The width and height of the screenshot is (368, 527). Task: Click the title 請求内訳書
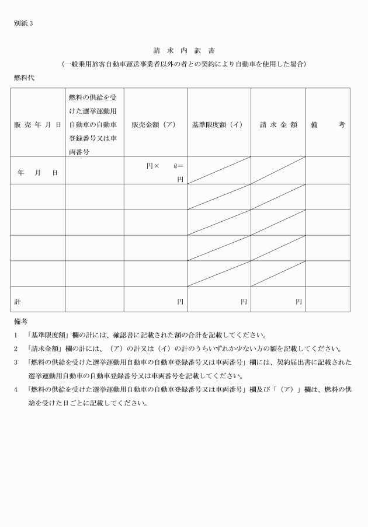click(x=184, y=50)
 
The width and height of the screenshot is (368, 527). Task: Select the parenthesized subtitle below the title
click(x=184, y=64)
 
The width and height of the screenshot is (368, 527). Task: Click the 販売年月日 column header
click(x=38, y=125)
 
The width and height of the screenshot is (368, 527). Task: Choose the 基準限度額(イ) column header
click(x=218, y=125)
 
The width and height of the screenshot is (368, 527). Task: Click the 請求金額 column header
click(x=278, y=125)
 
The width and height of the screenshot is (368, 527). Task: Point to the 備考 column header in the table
click(x=328, y=125)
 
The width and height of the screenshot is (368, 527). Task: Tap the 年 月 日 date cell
click(x=38, y=173)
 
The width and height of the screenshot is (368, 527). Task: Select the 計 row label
click(x=18, y=302)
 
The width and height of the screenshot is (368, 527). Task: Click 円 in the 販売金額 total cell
click(x=180, y=302)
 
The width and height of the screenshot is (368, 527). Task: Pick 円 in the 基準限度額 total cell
click(x=244, y=302)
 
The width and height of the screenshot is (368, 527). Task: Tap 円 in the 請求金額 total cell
click(x=298, y=302)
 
